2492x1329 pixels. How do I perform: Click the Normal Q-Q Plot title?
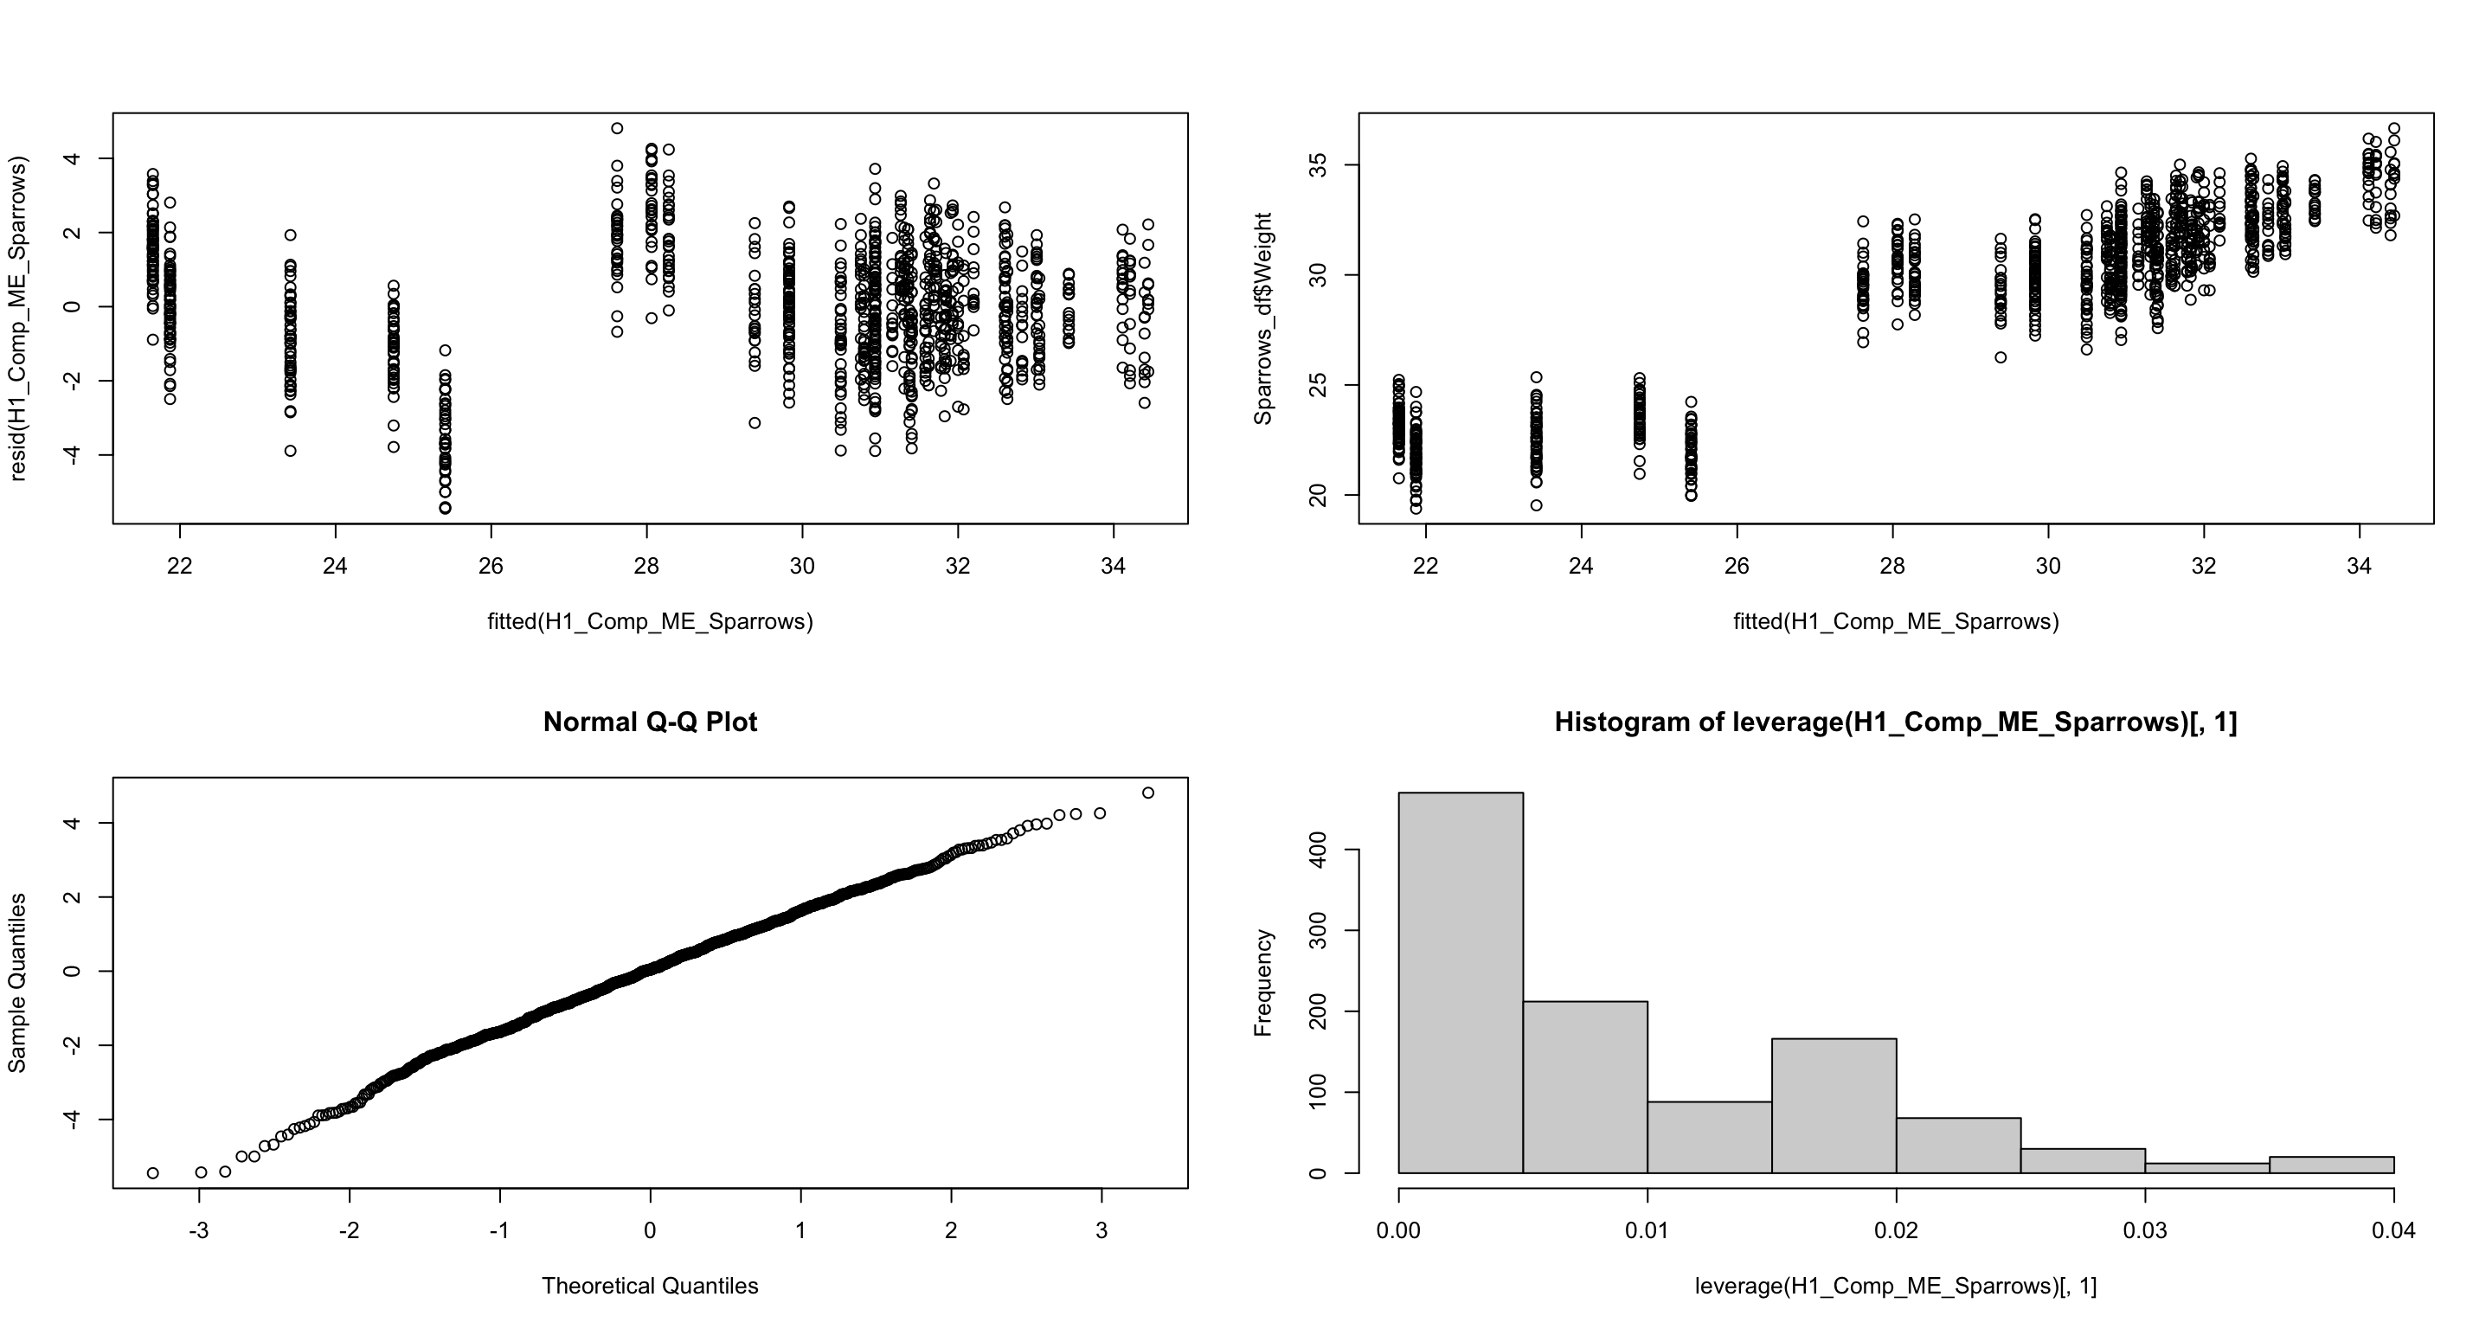(650, 722)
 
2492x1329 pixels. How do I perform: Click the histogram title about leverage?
(1895, 722)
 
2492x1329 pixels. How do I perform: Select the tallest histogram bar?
(1461, 982)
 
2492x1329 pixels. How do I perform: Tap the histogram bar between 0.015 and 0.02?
(1834, 1106)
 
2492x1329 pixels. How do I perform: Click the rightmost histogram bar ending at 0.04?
(2331, 1165)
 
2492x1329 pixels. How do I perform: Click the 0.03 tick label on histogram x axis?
(2145, 1231)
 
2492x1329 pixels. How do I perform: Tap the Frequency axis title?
(1262, 983)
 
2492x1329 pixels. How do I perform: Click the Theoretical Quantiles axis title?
(650, 1286)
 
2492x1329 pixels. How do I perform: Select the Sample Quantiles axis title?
(17, 983)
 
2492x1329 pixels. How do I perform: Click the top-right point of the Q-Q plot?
(1148, 793)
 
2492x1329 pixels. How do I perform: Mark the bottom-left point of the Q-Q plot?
(153, 1173)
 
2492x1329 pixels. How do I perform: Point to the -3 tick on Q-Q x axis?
(199, 1231)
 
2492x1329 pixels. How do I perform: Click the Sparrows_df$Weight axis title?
(1262, 319)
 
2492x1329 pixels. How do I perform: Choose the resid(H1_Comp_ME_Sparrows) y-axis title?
(17, 319)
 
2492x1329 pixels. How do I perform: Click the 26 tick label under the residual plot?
(491, 566)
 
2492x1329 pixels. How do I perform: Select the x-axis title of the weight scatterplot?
(1895, 621)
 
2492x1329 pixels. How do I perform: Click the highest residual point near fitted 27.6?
(617, 129)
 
